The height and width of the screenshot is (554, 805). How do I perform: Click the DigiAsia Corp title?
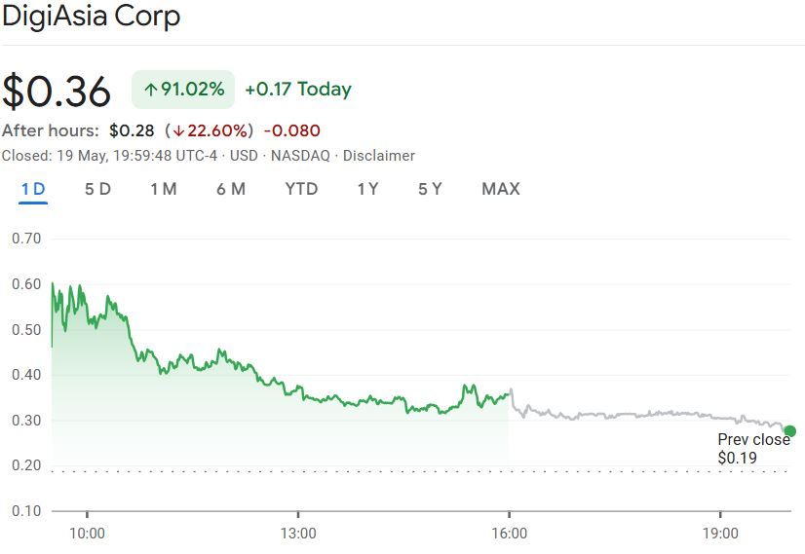click(x=91, y=17)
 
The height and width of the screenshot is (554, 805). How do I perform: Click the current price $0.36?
click(x=57, y=91)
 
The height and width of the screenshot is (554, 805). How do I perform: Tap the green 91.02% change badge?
click(x=183, y=90)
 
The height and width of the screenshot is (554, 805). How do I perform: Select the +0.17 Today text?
click(x=297, y=90)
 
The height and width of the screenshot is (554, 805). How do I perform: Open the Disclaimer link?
click(x=378, y=156)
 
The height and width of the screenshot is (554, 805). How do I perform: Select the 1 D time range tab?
click(x=34, y=189)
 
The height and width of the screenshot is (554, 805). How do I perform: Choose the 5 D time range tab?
click(x=97, y=189)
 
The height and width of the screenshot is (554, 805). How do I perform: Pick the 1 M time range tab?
click(x=164, y=189)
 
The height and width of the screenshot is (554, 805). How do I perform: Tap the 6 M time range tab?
click(x=231, y=189)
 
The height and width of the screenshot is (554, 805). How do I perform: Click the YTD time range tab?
click(x=301, y=189)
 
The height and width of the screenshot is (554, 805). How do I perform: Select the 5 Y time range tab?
click(x=430, y=189)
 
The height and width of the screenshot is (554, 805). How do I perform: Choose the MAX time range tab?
click(x=501, y=189)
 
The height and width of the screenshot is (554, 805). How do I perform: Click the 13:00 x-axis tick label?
click(x=297, y=534)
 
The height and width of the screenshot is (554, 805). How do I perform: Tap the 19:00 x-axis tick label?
click(x=720, y=534)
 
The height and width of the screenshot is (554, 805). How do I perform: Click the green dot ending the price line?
click(x=789, y=431)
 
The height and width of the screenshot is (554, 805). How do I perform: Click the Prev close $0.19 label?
click(x=753, y=449)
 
